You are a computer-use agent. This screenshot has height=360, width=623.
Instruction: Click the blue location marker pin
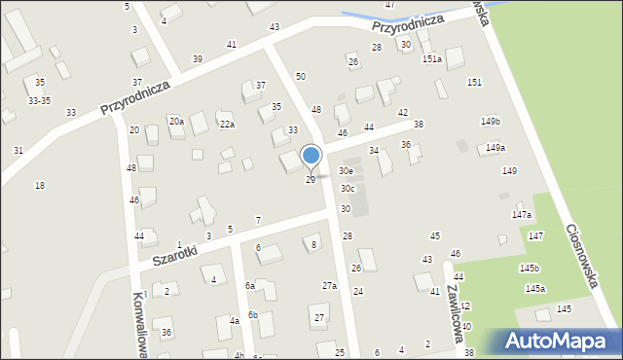[x=311, y=156]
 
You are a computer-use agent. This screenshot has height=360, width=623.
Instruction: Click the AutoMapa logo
[x=559, y=341]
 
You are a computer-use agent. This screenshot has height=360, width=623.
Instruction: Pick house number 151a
[x=432, y=59]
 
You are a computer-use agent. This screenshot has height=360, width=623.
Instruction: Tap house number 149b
[x=490, y=122]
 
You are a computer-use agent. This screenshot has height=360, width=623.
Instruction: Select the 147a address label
[x=522, y=215]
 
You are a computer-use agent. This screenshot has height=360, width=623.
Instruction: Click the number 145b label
[x=529, y=268]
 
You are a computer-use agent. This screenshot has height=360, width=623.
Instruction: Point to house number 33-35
[x=40, y=100]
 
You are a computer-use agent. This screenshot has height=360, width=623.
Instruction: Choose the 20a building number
[x=176, y=122]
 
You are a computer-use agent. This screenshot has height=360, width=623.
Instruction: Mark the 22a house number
[x=227, y=125]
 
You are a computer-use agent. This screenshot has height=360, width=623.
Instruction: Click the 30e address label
[x=346, y=171]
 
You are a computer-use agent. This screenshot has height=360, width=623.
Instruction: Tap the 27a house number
[x=330, y=286]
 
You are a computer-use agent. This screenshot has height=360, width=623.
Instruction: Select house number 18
[x=40, y=186]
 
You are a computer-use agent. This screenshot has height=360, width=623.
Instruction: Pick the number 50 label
[x=301, y=76]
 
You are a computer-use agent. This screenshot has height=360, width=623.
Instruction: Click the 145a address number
[x=535, y=289]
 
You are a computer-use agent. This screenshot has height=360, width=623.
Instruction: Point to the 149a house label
[x=495, y=148]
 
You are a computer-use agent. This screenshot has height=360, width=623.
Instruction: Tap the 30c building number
[x=348, y=189]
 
